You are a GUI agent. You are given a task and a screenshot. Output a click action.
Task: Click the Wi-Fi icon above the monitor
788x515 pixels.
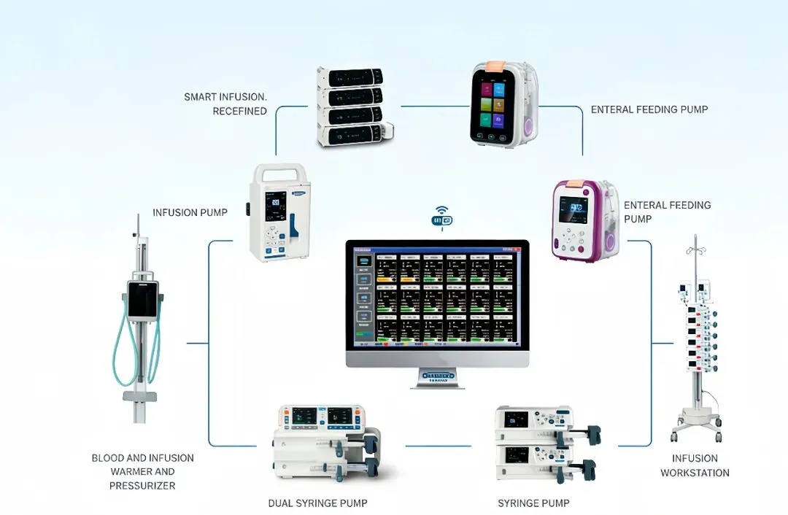[x=442, y=219]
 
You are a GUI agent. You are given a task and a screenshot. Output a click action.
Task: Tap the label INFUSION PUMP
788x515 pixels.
[x=190, y=213]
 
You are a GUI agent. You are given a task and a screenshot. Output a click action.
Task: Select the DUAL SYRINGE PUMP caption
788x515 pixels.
[x=317, y=503]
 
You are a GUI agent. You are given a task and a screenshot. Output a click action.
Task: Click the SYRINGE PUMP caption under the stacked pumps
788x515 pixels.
[x=533, y=503]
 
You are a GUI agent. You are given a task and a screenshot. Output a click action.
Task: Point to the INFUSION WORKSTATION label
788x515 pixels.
[x=695, y=465]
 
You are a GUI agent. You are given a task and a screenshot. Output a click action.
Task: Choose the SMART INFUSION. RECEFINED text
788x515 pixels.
[x=225, y=104]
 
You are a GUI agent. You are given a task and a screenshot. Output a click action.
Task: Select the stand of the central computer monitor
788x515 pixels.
[x=438, y=377]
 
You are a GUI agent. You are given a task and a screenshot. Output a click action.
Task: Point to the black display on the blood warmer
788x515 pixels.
[x=143, y=301]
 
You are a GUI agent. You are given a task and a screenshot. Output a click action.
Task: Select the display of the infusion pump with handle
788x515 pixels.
[x=277, y=206]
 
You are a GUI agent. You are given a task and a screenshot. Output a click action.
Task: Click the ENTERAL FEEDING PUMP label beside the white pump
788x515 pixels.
[x=649, y=110]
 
